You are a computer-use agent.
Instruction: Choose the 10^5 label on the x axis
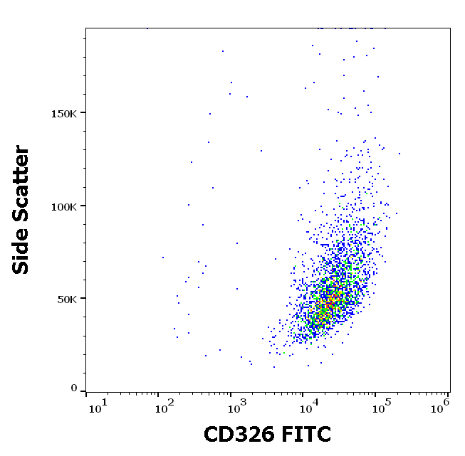pos(378,406)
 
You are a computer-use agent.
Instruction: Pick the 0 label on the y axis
pos(73,388)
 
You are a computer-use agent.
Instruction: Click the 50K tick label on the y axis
pos(67,299)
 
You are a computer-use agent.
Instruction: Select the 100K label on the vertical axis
pos(63,206)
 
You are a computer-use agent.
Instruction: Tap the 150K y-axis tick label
pos(63,113)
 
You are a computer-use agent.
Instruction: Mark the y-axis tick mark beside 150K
pos(83,112)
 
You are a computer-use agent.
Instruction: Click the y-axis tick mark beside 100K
pos(83,206)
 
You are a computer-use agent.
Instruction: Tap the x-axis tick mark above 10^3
pos(231,393)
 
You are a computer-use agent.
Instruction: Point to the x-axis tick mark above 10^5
pos(375,393)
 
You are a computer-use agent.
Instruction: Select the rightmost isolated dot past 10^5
pos(399,154)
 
